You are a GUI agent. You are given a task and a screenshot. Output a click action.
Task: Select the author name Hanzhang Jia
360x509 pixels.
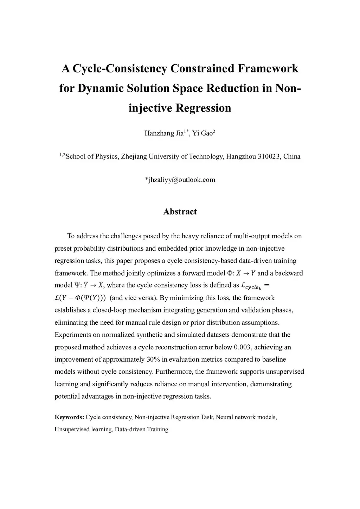164,133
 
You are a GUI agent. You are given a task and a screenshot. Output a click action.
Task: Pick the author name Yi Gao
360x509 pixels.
202,133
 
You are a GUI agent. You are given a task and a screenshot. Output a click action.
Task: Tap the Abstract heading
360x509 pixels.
180,212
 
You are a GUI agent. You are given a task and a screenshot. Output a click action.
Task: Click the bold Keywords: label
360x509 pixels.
69,417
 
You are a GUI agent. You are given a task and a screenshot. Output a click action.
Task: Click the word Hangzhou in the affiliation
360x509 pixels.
241,156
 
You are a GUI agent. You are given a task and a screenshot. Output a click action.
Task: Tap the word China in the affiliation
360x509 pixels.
292,156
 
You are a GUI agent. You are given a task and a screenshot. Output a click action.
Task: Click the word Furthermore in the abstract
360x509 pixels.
174,372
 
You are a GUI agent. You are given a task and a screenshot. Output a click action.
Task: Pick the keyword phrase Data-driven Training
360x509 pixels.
141,430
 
